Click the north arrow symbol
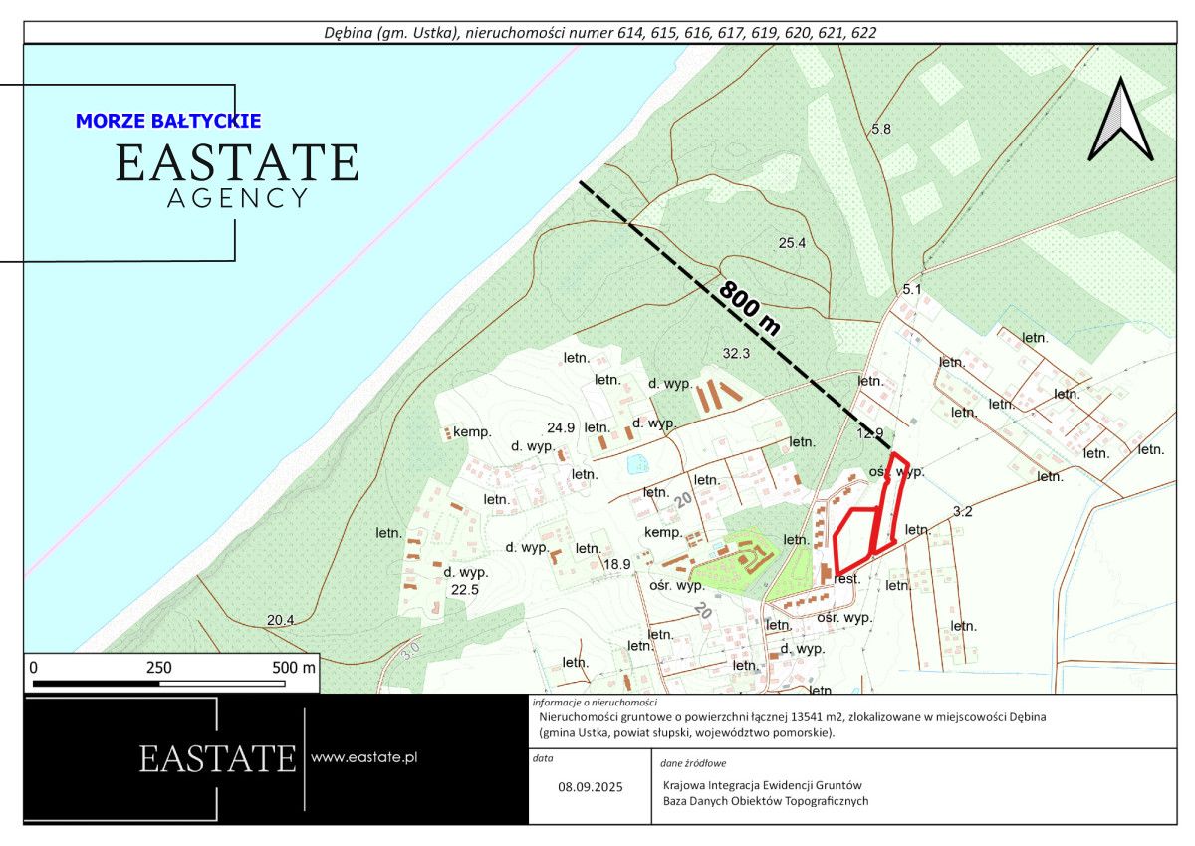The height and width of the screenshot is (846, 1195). (1120, 121)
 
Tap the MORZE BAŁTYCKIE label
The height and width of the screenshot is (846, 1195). (168, 121)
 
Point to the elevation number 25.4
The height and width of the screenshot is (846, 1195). (792, 243)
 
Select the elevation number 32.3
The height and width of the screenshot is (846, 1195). (736, 353)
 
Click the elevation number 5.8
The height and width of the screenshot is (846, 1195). (880, 130)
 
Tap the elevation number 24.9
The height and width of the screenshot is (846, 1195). (561, 427)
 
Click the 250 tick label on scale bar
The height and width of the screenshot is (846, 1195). (159, 667)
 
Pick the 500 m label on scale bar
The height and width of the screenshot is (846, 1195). (294, 667)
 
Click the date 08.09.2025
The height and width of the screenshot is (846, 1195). (590, 786)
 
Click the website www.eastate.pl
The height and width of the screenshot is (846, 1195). (363, 757)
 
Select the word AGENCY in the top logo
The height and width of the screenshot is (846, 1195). (237, 198)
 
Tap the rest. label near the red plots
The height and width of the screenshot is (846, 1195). (847, 578)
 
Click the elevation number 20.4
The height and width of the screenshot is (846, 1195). (281, 620)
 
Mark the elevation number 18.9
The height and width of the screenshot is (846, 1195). (617, 564)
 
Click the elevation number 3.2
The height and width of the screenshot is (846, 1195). (962, 512)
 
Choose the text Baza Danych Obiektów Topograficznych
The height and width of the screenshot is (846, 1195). (766, 800)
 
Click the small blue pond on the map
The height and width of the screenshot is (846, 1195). (637, 463)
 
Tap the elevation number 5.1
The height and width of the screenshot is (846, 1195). (913, 289)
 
